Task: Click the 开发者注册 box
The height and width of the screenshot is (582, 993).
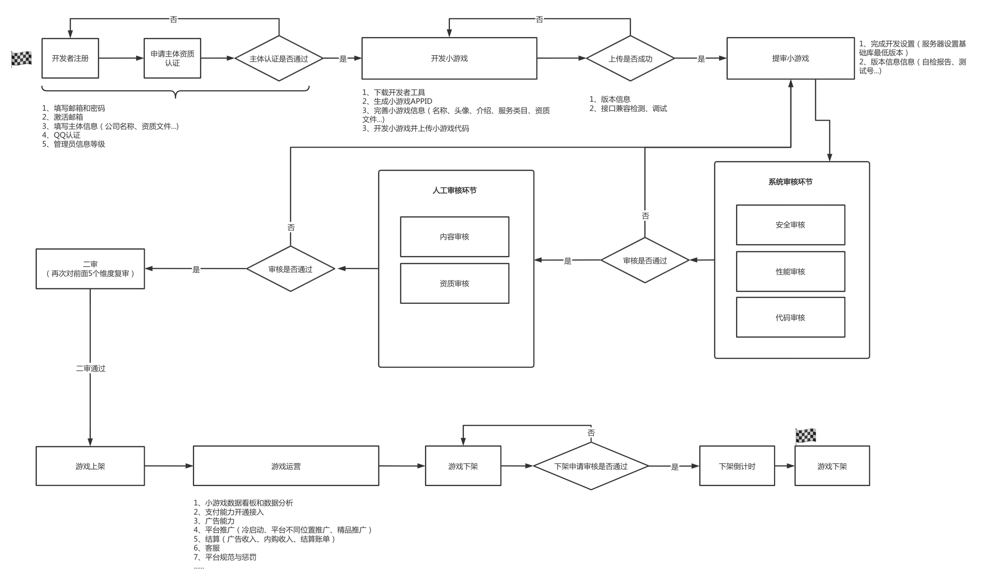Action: tap(70, 58)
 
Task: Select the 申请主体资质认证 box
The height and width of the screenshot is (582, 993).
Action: tap(172, 58)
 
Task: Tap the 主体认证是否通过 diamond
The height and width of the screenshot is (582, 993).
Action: tap(279, 58)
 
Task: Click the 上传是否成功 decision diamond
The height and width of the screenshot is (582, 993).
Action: tap(630, 58)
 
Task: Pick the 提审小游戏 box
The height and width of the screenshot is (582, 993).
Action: tap(791, 58)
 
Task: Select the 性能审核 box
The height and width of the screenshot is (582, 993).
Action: tap(791, 271)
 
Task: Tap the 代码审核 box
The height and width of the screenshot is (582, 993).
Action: tap(791, 317)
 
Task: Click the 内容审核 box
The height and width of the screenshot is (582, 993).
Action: tap(454, 236)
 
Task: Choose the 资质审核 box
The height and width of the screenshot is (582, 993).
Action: tap(454, 283)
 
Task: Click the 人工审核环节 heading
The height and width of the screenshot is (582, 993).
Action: tap(454, 190)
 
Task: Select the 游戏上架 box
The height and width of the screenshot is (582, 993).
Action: tap(90, 466)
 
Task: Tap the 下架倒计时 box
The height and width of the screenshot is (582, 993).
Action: tap(737, 466)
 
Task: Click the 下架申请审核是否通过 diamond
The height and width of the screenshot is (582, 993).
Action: tap(591, 466)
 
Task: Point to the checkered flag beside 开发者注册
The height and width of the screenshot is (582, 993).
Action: tap(21, 59)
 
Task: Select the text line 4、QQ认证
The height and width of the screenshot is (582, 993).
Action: tap(61, 135)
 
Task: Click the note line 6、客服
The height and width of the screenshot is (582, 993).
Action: tap(207, 548)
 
